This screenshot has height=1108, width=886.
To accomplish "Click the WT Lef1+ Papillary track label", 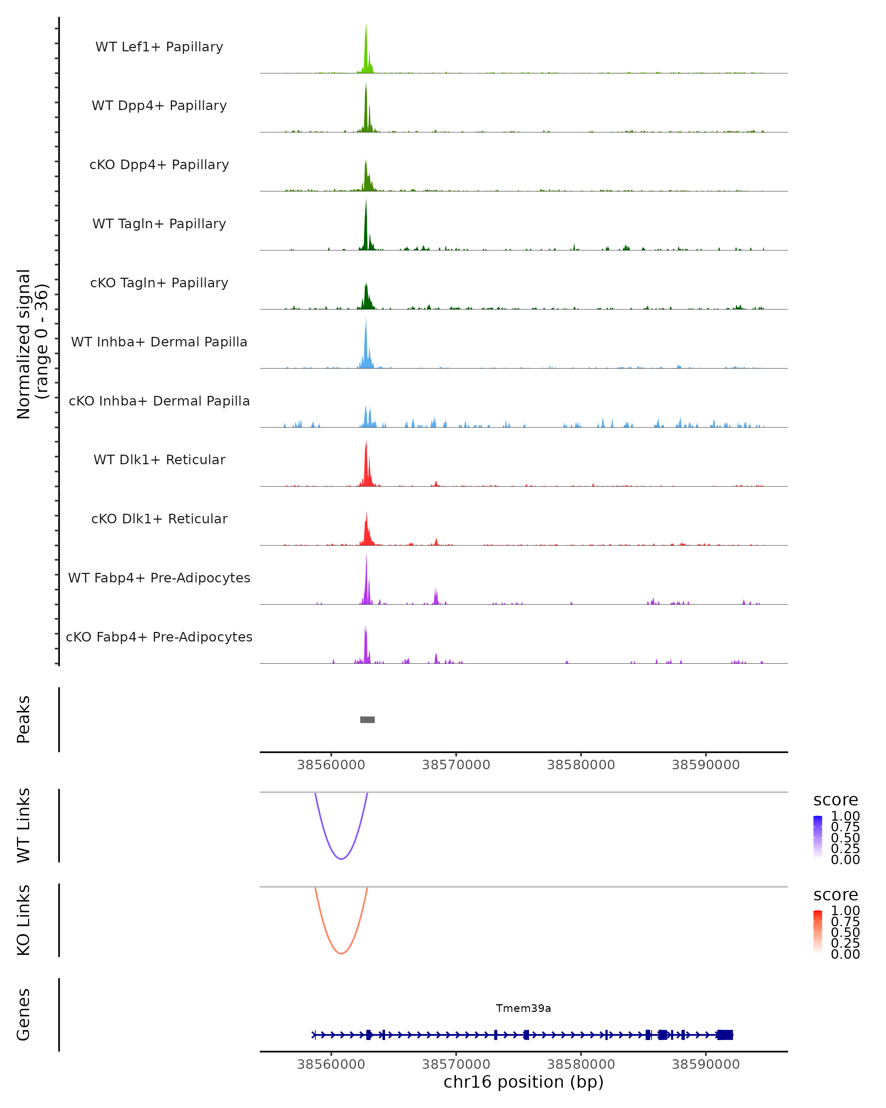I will click(159, 47).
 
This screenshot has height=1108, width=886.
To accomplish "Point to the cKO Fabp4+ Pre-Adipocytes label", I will click(159, 637).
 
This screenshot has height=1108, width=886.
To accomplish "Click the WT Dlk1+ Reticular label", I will click(159, 460).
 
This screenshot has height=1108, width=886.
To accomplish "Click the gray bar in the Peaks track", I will click(367, 719).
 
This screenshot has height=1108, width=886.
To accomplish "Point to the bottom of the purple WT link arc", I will click(341, 859).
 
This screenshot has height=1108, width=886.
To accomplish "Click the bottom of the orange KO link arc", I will click(341, 953).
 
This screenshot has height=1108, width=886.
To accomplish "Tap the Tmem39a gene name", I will click(523, 1008).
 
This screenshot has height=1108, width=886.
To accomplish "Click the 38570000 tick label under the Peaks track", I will click(456, 765).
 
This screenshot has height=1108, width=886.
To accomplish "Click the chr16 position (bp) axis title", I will click(523, 1082).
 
